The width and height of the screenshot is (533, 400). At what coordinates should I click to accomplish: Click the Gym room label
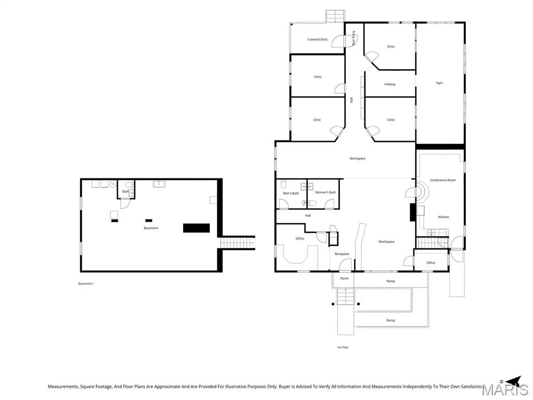point(439,83)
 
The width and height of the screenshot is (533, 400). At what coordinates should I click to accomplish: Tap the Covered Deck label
point(318,40)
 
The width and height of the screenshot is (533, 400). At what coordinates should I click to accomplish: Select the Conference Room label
point(442,180)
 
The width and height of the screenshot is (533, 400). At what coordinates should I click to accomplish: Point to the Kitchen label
point(443,217)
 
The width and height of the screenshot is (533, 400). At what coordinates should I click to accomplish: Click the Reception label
point(342,254)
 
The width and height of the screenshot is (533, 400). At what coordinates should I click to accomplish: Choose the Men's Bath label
point(291,193)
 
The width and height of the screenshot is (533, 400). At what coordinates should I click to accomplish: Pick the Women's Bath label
point(325,192)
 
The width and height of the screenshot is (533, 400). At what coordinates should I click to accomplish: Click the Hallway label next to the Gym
point(390,84)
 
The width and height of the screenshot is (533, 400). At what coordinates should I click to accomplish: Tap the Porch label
point(345,278)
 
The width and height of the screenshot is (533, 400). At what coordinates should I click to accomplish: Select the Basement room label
point(151,228)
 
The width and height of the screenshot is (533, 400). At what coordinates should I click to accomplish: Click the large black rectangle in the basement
point(196,228)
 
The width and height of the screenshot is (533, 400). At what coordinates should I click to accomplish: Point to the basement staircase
point(237,243)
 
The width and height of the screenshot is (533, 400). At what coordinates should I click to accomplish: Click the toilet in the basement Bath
point(129,185)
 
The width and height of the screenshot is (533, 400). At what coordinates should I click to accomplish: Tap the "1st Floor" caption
point(342,347)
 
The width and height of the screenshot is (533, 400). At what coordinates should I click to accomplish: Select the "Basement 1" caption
point(86,283)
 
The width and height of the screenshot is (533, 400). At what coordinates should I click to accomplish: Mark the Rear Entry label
point(353,38)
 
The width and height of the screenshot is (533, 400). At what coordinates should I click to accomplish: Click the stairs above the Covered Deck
point(336,16)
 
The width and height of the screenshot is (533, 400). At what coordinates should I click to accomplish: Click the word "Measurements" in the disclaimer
point(63,386)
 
